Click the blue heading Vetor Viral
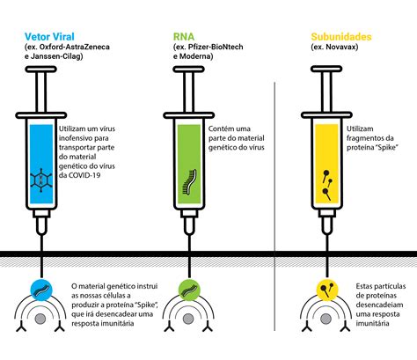click(49, 37)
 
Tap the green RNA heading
click(184, 37)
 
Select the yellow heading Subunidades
click(341, 37)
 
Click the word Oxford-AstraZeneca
click(75, 47)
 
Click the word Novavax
click(341, 47)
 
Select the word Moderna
click(195, 56)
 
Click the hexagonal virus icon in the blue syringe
click(41, 180)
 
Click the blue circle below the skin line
click(41, 290)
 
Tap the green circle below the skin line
click(189, 290)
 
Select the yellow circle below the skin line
click(327, 290)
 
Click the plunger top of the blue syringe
click(41, 70)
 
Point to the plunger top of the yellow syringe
click(326, 70)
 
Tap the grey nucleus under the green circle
click(188, 319)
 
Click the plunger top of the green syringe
click(188, 70)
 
